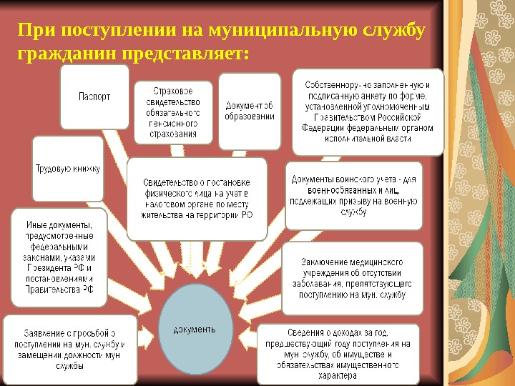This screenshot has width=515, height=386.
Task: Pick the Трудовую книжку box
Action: (68, 169)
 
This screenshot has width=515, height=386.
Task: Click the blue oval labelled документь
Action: (195, 329)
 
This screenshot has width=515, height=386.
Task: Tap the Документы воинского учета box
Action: (353, 196)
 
